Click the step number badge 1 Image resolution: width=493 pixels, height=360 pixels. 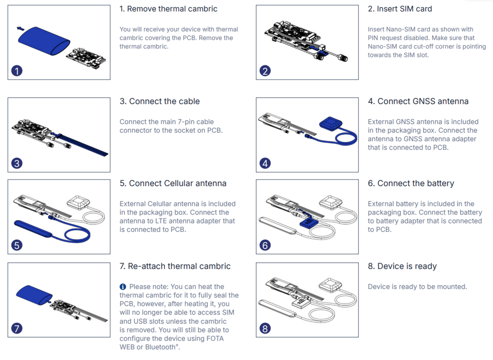coord(16,71)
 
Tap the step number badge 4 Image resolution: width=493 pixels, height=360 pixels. coord(265,163)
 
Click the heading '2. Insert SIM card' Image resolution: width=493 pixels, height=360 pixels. coord(400,9)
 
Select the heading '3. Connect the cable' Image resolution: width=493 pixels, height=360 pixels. coord(159,101)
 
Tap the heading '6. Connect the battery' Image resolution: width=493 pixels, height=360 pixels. coord(411,183)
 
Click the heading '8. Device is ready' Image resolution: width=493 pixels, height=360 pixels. coord(402,266)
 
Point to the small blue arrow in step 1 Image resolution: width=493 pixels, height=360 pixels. coord(20,29)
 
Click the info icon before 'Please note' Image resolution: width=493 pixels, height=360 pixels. coord(123,286)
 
